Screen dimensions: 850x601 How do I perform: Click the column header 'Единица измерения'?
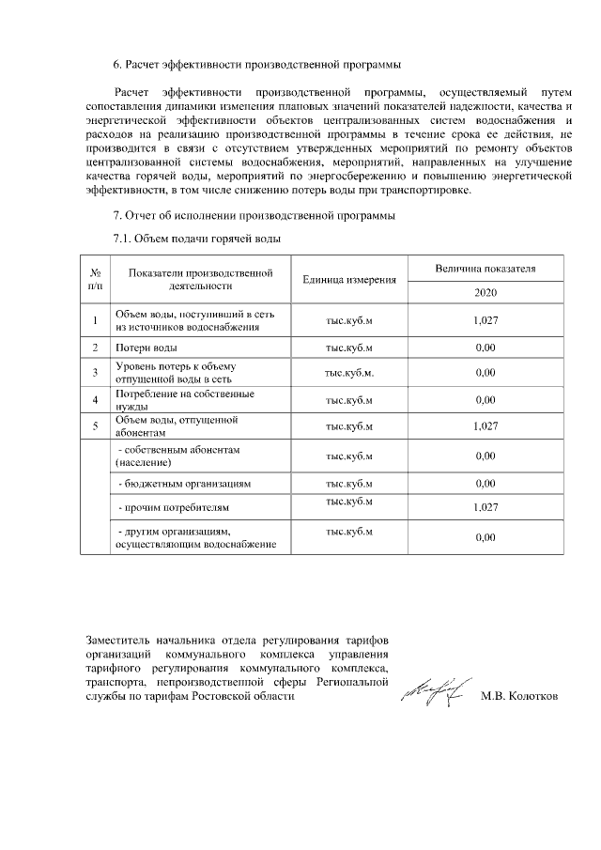pos(349,280)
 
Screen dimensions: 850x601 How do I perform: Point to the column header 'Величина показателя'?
pos(485,268)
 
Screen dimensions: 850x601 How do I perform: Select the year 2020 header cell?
pos(485,292)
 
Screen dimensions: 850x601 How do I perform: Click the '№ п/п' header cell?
pos(95,279)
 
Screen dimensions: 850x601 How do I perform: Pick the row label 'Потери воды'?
pos(141,348)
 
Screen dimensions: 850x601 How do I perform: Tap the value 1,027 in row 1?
pos(485,320)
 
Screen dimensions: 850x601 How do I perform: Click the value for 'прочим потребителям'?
pos(485,508)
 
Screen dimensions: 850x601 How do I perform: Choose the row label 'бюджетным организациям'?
pos(184,484)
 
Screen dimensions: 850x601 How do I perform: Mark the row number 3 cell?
pos(95,373)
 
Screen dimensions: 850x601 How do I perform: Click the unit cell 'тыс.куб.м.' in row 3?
pos(349,373)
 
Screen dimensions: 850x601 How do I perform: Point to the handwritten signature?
pos(433,693)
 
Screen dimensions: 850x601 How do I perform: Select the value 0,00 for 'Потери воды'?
pos(485,348)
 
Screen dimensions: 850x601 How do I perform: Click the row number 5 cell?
pos(95,427)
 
